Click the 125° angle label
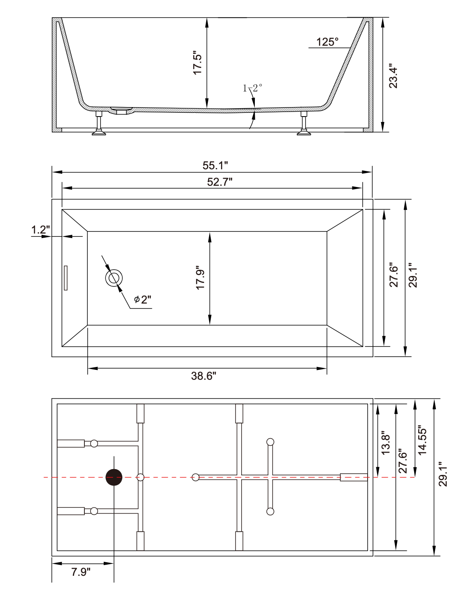(327, 42)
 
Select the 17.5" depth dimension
(198, 63)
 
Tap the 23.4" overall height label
(394, 76)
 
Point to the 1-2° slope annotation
(252, 88)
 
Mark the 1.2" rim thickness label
(41, 230)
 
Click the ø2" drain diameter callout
(143, 299)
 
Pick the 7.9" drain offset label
(81, 572)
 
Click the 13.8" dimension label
(386, 442)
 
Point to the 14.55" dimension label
(422, 440)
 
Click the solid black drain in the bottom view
(114, 477)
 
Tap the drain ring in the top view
(114, 278)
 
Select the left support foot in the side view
(99, 123)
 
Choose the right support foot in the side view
(304, 123)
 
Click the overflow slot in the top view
(65, 278)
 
